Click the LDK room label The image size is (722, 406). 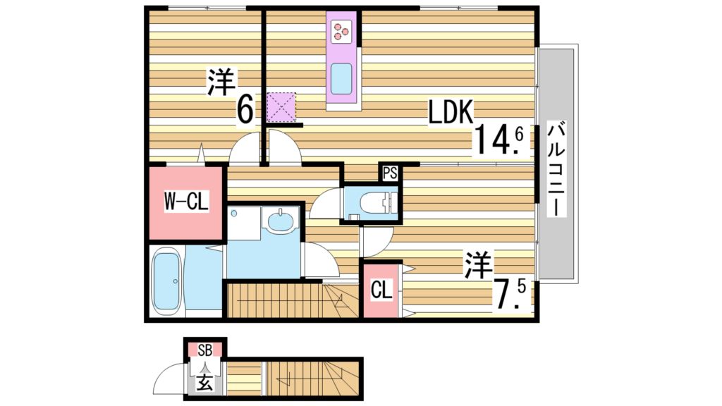452,112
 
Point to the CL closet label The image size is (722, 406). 381,289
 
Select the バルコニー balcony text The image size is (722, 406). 558,170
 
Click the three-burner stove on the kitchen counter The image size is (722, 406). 341,30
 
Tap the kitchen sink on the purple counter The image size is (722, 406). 341,78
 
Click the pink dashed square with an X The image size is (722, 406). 281,106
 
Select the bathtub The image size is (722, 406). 167,281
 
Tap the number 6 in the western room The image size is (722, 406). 245,109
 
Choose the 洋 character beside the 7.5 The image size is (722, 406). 478,265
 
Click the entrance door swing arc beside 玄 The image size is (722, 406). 169,381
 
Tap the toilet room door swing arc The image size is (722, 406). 325,205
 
